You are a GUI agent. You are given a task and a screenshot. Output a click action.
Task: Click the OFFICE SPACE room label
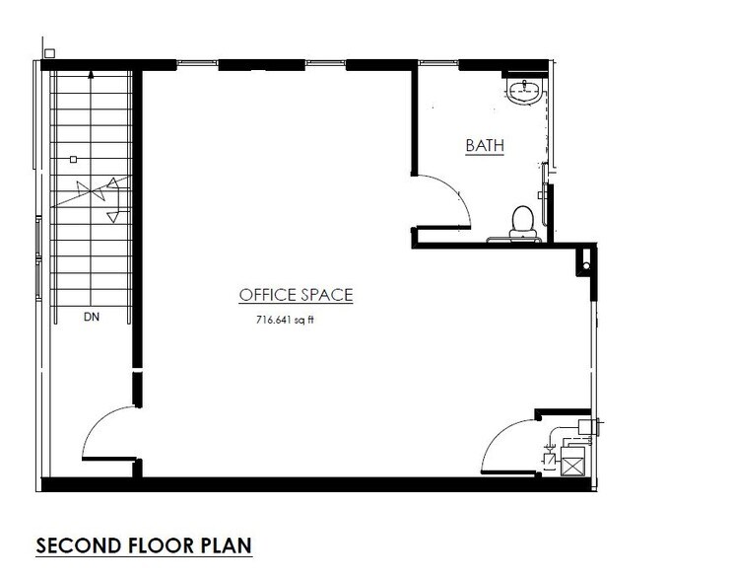(x=296, y=295)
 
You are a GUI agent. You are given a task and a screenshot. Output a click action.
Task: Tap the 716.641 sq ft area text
(x=290, y=320)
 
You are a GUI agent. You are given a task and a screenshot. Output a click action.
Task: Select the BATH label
(x=485, y=146)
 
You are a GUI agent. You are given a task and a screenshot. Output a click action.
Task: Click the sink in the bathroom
(x=524, y=93)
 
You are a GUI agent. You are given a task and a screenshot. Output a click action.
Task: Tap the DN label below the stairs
(x=92, y=317)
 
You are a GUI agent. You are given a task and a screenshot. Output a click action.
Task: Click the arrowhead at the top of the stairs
(x=91, y=74)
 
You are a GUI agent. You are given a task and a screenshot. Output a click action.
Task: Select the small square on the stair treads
(x=73, y=159)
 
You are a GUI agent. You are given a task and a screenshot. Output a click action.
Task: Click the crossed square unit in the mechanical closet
(x=571, y=463)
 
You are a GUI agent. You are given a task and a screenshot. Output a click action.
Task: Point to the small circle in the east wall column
(x=585, y=265)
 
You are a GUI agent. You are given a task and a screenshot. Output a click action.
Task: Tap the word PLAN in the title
(x=228, y=544)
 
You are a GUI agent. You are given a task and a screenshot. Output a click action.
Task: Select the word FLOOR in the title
(x=157, y=544)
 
